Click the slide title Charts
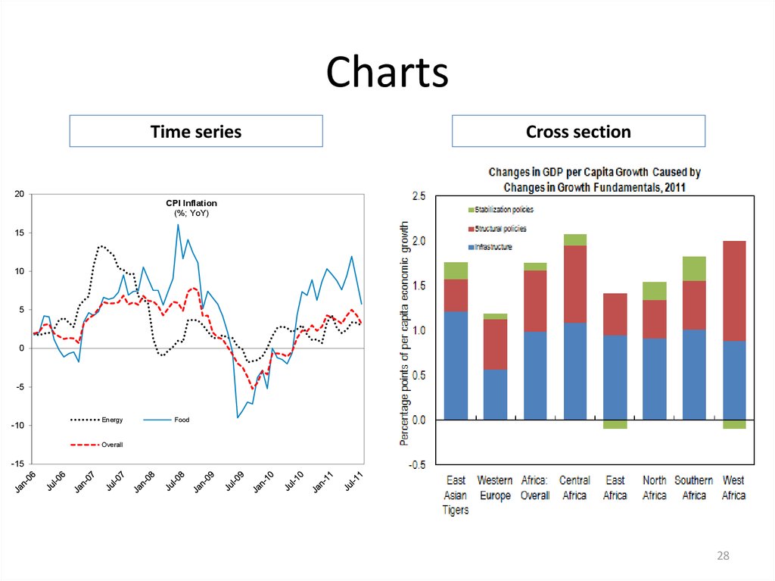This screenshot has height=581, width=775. [x=387, y=73]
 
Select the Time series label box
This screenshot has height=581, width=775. [x=196, y=131]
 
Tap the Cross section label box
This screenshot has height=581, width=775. [x=578, y=131]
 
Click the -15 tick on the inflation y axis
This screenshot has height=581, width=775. [x=17, y=464]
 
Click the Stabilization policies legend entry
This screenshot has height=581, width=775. [x=503, y=209]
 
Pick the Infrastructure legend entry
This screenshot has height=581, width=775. [x=493, y=247]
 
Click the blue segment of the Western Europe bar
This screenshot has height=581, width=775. [x=495, y=394]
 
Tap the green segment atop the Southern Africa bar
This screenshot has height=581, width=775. [x=693, y=268]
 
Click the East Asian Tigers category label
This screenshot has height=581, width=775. [x=456, y=495]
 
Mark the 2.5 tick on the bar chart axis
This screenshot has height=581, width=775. [x=418, y=196]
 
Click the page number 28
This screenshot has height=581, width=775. [x=723, y=557]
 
